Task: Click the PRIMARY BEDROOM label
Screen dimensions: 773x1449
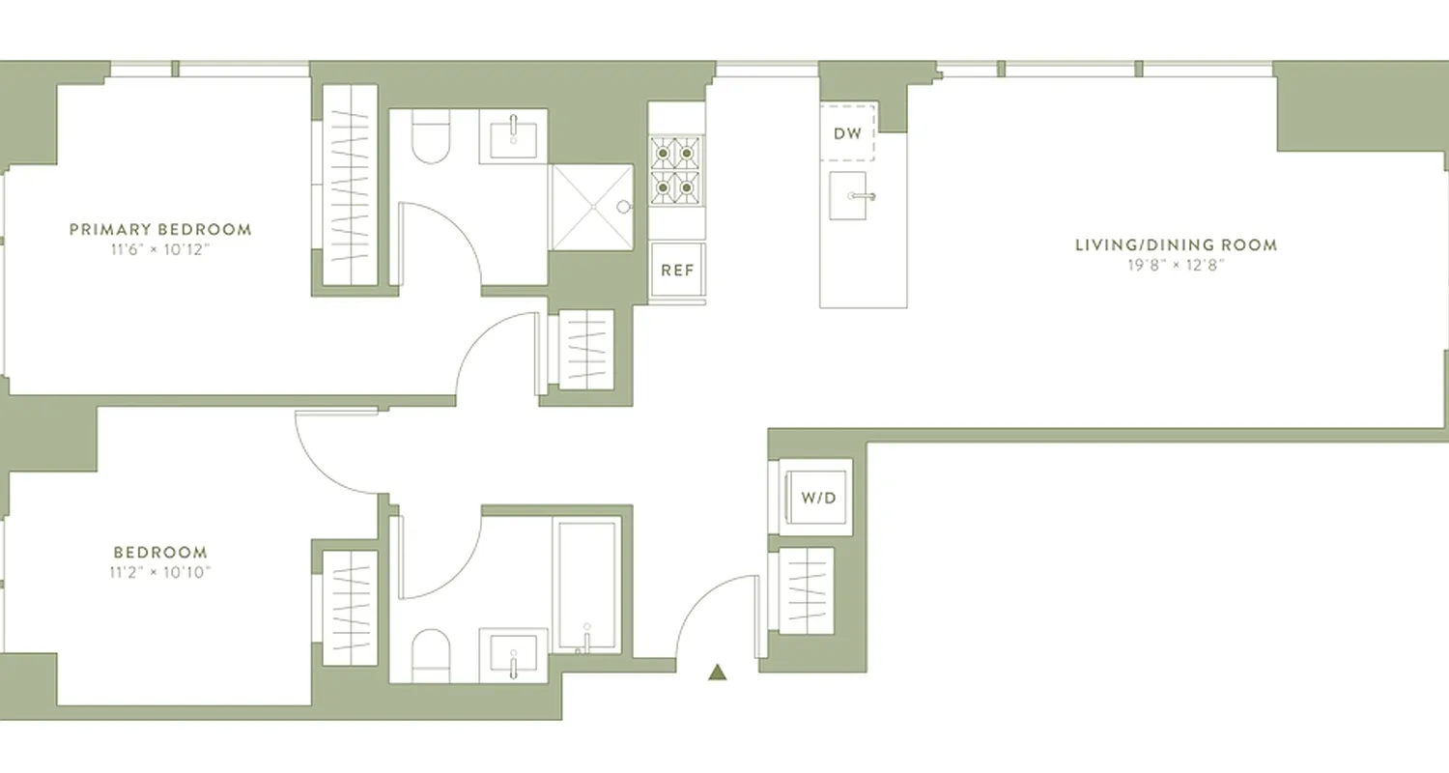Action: tap(160, 230)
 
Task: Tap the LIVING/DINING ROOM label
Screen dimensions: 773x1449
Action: tap(1176, 245)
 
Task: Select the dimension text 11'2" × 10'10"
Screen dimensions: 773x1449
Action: tap(160, 572)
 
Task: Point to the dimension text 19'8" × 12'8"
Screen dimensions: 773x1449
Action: tap(1176, 265)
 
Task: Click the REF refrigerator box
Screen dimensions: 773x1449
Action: tap(677, 272)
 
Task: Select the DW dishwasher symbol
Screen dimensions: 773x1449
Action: tap(847, 132)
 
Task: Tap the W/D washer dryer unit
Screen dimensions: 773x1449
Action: tap(816, 499)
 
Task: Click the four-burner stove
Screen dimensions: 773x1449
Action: tap(675, 170)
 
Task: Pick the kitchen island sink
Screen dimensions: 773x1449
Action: tap(847, 196)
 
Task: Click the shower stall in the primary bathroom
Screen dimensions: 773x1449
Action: tap(591, 207)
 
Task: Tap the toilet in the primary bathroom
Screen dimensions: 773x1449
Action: tap(431, 139)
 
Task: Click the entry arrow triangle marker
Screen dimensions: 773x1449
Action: tap(717, 673)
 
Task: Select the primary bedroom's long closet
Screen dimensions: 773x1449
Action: tap(349, 184)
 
